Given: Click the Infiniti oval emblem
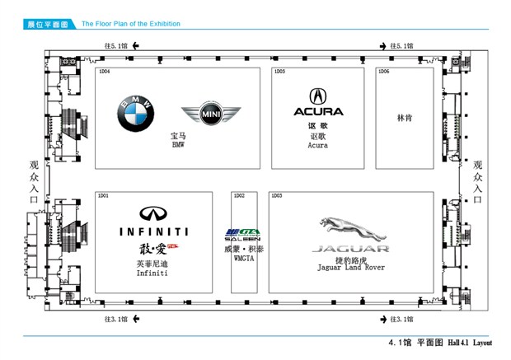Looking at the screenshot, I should point(152,213).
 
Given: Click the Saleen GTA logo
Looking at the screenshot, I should point(243,233).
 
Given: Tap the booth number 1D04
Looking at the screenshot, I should point(104,72).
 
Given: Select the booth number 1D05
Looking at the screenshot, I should point(279,72).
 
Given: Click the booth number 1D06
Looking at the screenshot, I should point(383,72).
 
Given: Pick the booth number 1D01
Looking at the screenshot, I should point(104,195).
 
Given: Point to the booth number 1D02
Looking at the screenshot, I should point(239,195).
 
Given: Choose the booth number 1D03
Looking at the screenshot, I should point(277,195).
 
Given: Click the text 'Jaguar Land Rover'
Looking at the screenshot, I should point(349,267).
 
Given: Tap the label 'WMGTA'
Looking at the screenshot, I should point(243,258).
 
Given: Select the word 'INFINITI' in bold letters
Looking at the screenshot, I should point(152,231).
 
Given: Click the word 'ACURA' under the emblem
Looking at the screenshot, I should point(318,112).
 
